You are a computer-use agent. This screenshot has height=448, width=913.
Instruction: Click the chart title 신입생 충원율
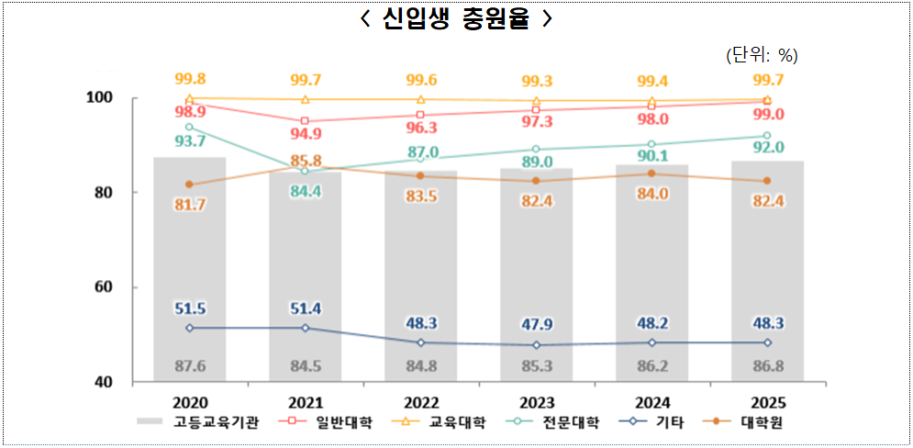[x=456, y=19]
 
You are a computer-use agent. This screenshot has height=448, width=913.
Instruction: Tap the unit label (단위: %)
[x=761, y=55]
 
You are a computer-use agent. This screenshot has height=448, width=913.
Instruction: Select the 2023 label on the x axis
[x=536, y=402]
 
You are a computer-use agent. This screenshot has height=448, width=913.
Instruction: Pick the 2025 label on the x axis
[x=767, y=402]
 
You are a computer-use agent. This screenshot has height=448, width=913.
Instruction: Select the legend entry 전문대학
[x=560, y=422]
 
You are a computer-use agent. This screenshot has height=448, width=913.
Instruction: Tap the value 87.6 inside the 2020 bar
[x=190, y=366]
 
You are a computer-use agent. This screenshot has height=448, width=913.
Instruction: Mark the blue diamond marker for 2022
[x=421, y=342]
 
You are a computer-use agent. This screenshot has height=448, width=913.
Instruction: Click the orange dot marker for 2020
[x=190, y=185]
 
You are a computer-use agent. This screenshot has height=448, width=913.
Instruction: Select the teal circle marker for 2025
[x=767, y=136]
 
